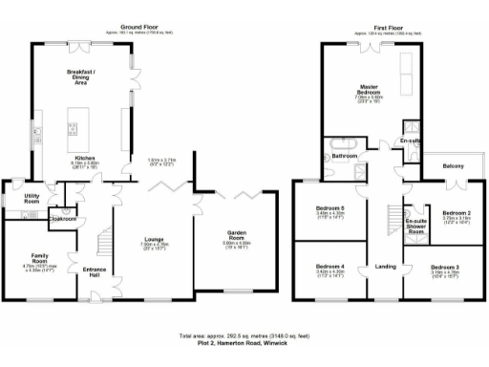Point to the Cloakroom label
[64, 218]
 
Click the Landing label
[386, 266]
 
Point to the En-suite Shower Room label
[415, 227]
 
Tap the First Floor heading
[392, 26]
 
